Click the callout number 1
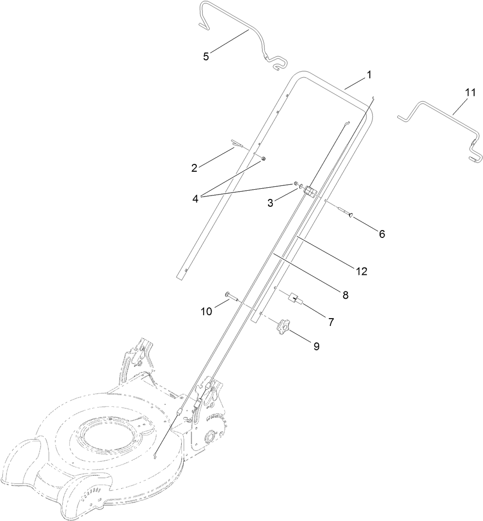(x=369, y=75)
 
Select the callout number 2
(x=194, y=168)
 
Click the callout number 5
(x=206, y=56)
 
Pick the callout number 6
(x=382, y=234)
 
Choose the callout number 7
(x=330, y=322)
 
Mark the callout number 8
(x=345, y=294)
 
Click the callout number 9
(x=316, y=346)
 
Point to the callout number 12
(x=361, y=271)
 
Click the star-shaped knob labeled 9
(x=282, y=327)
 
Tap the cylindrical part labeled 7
(x=296, y=299)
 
